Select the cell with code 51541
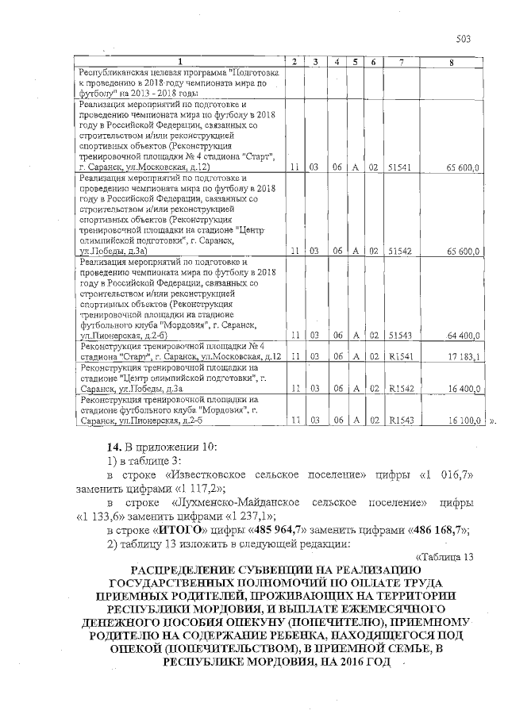[402, 168]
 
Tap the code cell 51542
[402, 251]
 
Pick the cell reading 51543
[402, 335]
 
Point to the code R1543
[401, 419]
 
